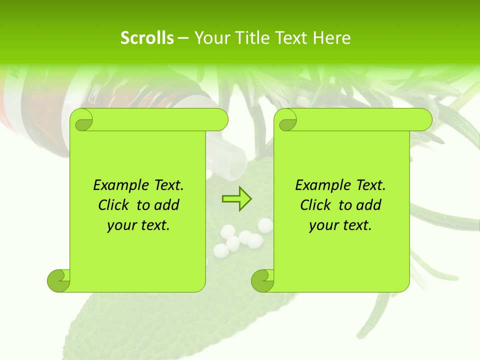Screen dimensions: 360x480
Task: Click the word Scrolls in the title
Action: click(x=147, y=38)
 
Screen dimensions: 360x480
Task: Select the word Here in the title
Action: click(x=331, y=38)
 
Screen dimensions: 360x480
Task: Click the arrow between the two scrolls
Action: click(x=236, y=199)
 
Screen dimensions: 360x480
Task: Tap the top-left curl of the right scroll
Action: click(x=287, y=120)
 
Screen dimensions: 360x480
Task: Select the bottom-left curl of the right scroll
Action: click(x=262, y=280)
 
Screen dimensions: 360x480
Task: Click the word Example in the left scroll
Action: click(x=119, y=185)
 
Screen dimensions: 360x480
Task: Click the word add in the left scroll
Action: click(x=167, y=205)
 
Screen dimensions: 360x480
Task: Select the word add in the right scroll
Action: click(x=369, y=205)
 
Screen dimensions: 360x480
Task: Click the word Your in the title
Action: click(x=208, y=38)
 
